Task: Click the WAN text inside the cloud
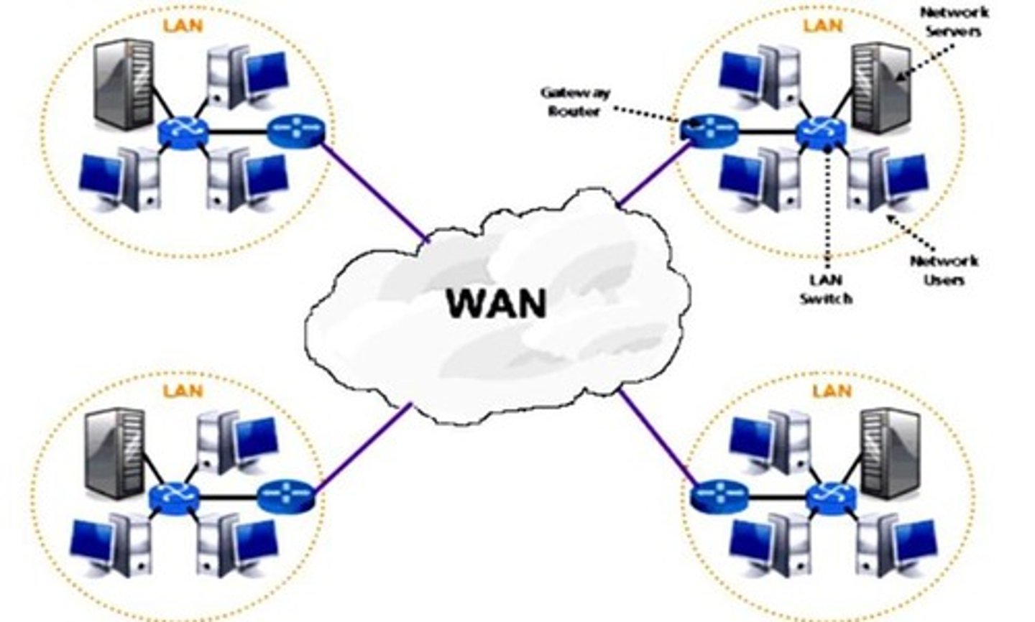point(496,303)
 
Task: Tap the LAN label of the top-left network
point(183,26)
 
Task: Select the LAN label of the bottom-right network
point(832,391)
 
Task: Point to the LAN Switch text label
point(827,289)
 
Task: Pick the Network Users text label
point(944,270)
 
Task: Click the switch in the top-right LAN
point(822,132)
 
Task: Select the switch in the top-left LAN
point(183,132)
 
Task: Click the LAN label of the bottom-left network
point(183,391)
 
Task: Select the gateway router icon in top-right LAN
point(708,129)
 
